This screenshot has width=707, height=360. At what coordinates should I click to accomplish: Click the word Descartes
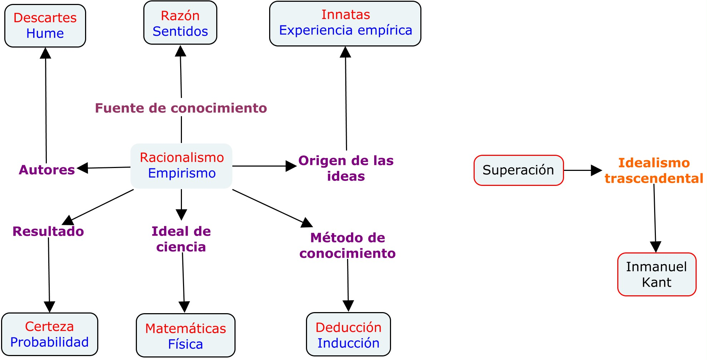click(45, 18)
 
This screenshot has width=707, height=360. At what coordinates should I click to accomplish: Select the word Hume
click(45, 34)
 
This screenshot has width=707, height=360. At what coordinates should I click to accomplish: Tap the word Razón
click(180, 16)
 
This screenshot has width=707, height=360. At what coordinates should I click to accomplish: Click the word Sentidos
click(180, 31)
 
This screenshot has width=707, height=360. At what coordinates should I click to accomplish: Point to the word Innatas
click(346, 15)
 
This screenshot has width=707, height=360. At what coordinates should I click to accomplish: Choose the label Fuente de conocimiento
click(181, 108)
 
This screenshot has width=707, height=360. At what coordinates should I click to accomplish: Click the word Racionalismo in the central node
click(182, 158)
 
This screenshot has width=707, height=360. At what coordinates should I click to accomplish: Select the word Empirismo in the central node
click(182, 173)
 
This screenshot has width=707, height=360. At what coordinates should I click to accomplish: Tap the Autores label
click(47, 170)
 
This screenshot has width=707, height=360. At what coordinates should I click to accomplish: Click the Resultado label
click(48, 231)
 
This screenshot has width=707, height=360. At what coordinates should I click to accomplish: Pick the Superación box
click(519, 170)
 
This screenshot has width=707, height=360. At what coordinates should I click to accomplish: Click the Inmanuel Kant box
click(657, 274)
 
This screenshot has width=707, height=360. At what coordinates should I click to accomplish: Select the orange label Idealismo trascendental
click(654, 171)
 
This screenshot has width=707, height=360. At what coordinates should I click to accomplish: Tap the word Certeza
click(49, 326)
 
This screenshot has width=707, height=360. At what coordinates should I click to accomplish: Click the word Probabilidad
click(49, 342)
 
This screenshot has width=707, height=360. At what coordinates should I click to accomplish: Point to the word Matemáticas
click(186, 329)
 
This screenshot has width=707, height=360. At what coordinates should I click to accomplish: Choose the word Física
click(186, 344)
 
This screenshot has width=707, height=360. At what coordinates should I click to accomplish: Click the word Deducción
click(348, 327)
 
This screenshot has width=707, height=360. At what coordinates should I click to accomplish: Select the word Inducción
click(348, 343)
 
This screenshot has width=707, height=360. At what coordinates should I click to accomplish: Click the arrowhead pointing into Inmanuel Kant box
click(656, 247)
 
